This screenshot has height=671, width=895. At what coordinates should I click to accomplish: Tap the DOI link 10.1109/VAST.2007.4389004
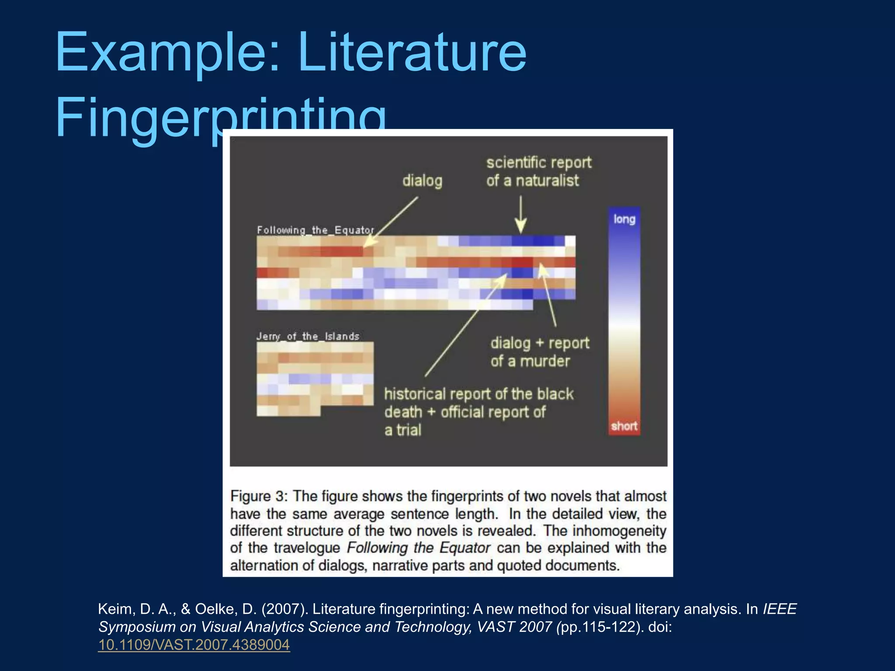click(194, 645)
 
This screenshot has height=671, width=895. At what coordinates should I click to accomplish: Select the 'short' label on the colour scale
click(624, 426)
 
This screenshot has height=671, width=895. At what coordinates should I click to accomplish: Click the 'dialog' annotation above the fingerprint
click(422, 180)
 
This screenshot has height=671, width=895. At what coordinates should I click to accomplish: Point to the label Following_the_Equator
click(315, 230)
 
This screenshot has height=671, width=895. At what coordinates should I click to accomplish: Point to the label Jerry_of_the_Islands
click(308, 336)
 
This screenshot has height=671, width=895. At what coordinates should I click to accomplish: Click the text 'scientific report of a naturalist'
click(538, 171)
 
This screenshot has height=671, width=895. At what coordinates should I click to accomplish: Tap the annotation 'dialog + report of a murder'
click(539, 352)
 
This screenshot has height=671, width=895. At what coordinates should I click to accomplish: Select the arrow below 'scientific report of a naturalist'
click(520, 214)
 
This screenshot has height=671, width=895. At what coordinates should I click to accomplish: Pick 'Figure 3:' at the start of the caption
click(259, 496)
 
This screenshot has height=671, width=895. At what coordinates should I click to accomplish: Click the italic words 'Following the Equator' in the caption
click(419, 548)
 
